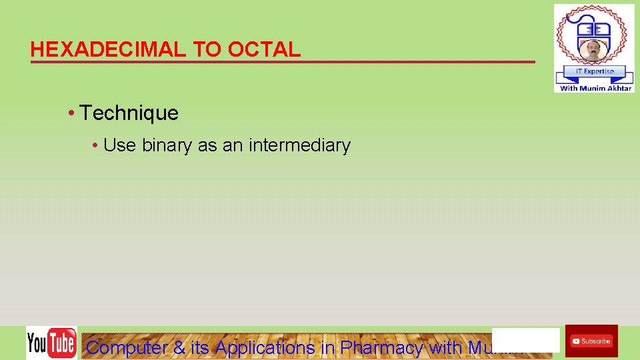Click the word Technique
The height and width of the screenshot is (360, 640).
[129, 113]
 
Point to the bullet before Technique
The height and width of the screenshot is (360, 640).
[71, 113]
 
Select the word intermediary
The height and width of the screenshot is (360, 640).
[299, 145]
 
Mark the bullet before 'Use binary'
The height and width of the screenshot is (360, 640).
[96, 145]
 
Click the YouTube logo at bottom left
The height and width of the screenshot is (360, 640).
[51, 343]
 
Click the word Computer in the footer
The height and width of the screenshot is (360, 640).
[126, 347]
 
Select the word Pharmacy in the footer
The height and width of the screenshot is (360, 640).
[381, 347]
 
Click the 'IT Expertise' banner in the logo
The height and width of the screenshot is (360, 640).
[593, 71]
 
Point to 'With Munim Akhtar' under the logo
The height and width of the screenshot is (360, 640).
[595, 88]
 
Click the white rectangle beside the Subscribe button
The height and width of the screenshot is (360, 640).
[525, 340]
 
